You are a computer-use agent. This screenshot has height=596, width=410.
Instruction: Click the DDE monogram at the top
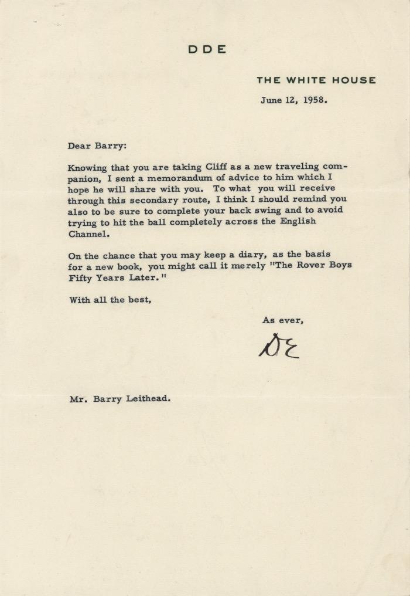(x=207, y=50)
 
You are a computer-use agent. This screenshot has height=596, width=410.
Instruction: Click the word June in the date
(x=271, y=100)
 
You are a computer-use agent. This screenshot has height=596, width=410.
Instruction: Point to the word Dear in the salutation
(x=80, y=146)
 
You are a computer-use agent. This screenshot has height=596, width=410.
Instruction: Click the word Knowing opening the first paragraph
(x=87, y=167)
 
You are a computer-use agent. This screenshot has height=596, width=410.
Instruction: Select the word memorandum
(x=170, y=177)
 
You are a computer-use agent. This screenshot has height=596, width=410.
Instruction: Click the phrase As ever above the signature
(x=282, y=320)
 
